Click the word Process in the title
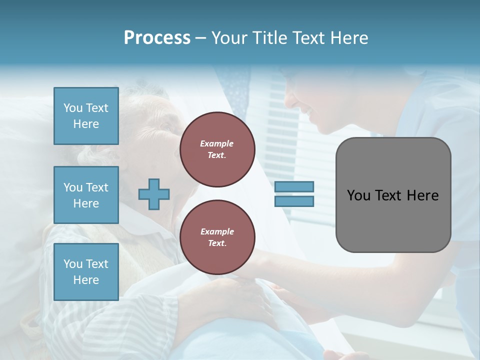click(157, 38)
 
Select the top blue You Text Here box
click(86, 116)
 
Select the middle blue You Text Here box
click(86, 195)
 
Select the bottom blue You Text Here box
click(86, 272)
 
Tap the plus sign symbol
click(154, 194)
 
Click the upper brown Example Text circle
click(217, 149)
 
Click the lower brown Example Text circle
click(217, 237)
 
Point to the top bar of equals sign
click(294, 186)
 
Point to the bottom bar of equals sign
click(294, 201)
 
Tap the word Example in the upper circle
click(217, 143)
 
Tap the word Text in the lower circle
click(217, 243)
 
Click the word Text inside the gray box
click(388, 195)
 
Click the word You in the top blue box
click(73, 108)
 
